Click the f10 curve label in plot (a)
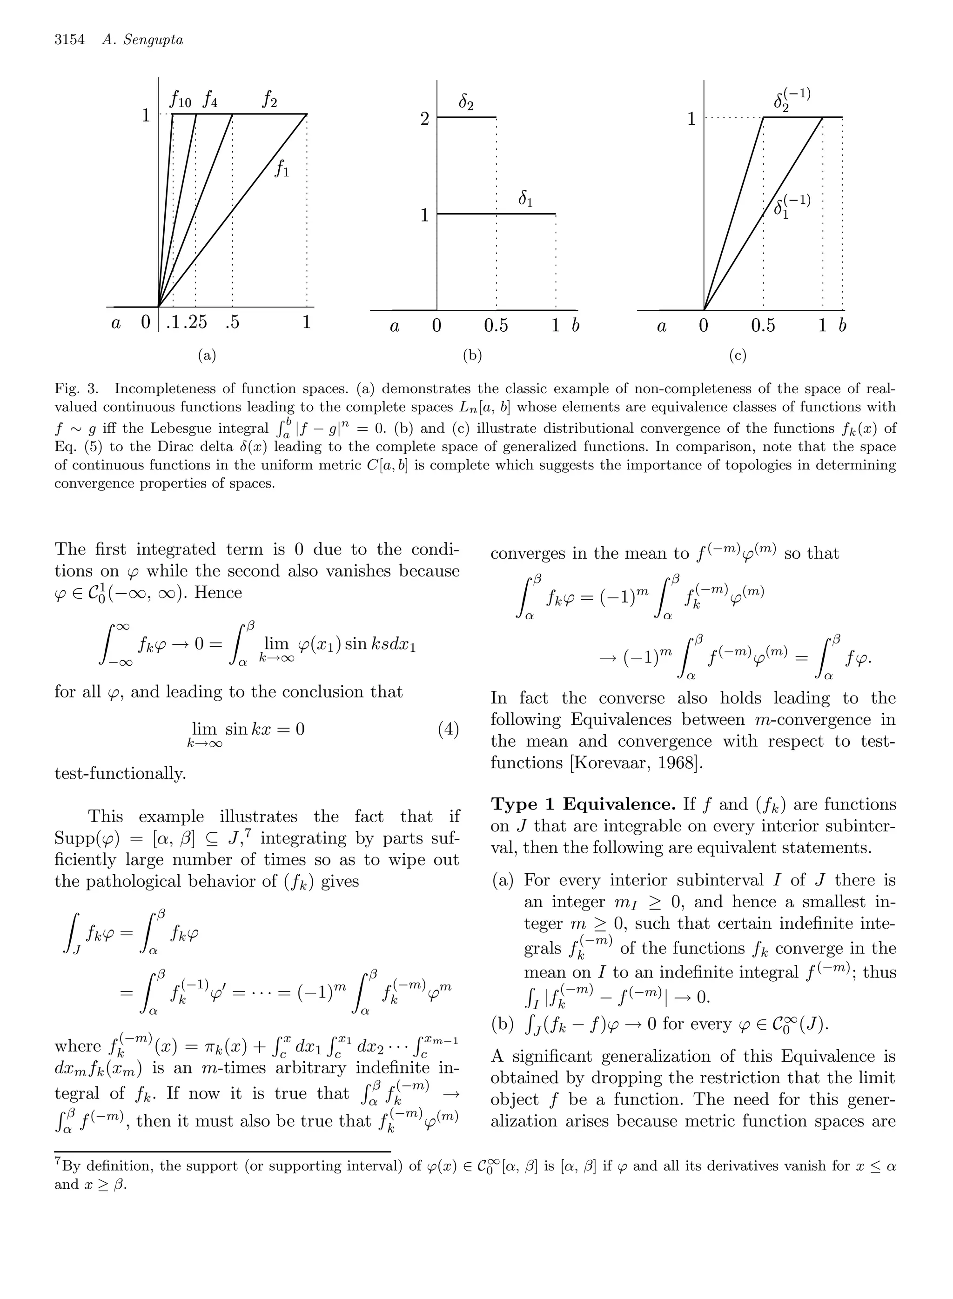click(x=181, y=101)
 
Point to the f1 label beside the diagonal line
click(x=282, y=169)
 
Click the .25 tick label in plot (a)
click(x=195, y=322)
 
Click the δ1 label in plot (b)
click(x=525, y=200)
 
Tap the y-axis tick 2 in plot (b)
click(x=425, y=120)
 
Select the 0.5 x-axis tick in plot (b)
click(x=496, y=326)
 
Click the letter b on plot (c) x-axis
click(x=842, y=326)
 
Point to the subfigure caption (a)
click(x=207, y=356)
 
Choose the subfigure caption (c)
click(x=738, y=356)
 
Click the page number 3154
click(x=70, y=40)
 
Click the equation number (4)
click(x=448, y=730)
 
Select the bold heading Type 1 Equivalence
click(x=583, y=804)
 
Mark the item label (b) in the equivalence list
click(x=502, y=1024)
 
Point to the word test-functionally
click(x=120, y=773)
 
